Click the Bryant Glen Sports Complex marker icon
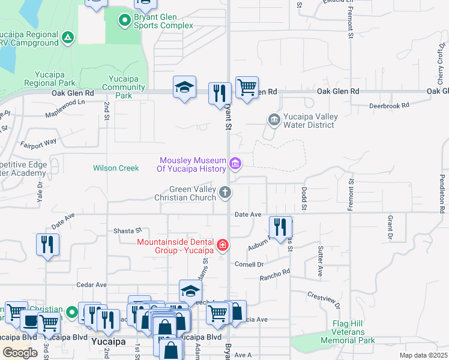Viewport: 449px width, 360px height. pos(125,21)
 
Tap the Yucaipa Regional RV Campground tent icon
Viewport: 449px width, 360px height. pos(68,38)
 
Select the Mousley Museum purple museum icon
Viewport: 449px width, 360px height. pos(235,163)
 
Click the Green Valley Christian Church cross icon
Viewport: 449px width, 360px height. pos(225,193)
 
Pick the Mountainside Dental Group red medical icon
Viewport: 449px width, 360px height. pos(223,245)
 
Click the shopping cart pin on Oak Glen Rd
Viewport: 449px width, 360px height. pos(247,88)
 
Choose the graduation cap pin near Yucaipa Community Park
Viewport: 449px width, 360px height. pos(185,88)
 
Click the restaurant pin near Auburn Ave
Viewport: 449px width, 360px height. pos(280,227)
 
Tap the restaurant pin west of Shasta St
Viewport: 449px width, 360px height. pos(47,244)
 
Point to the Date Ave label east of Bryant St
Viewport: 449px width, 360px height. pos(248,214)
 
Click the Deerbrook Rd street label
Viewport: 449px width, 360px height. pos(389,104)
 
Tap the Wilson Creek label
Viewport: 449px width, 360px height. pos(116,168)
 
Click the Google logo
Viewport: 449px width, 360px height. pos(20,353)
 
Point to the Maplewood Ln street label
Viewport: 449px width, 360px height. pos(65,110)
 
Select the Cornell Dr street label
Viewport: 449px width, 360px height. pos(249,264)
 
